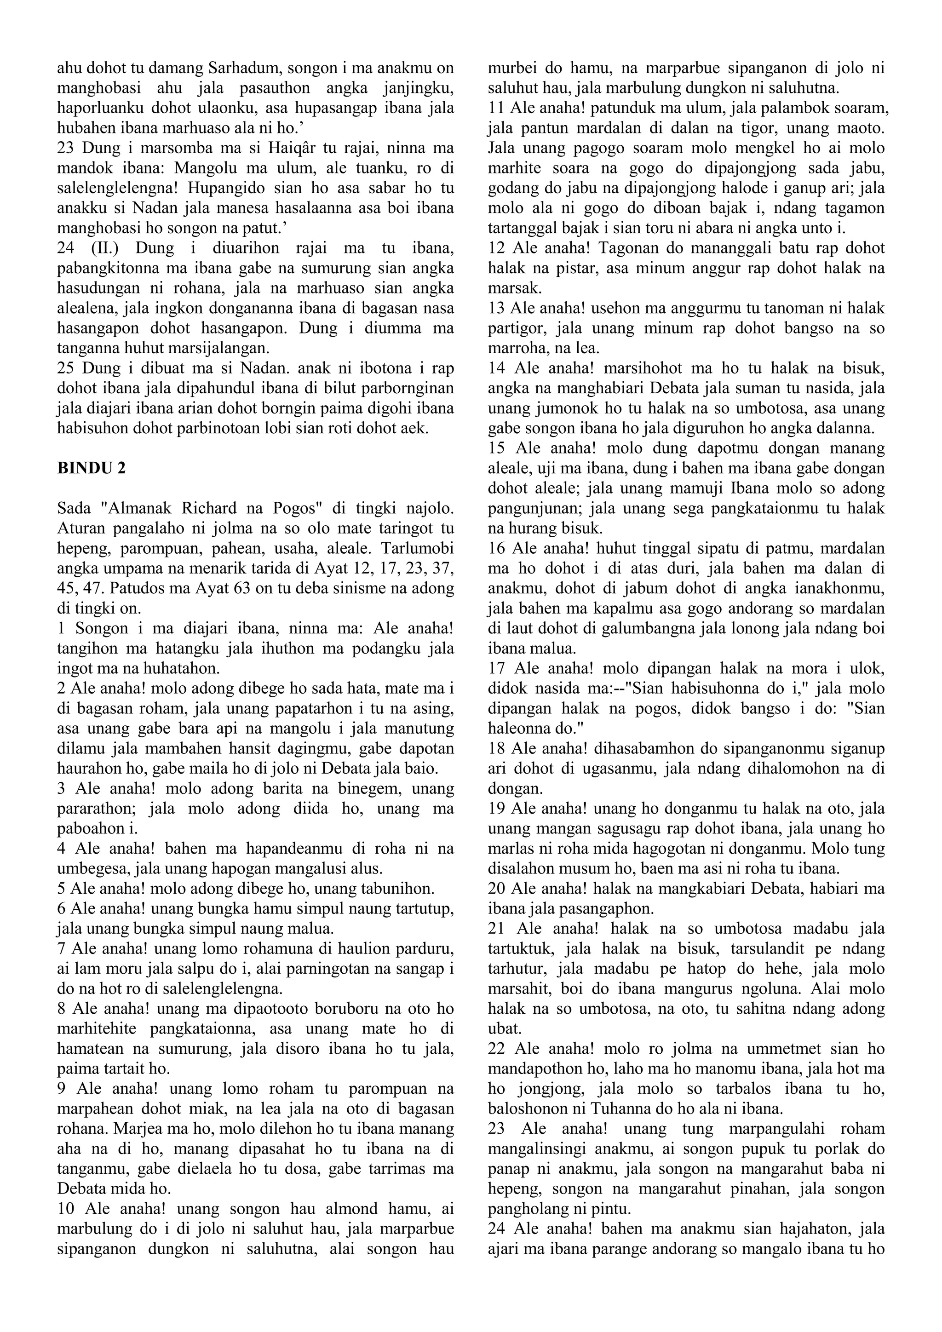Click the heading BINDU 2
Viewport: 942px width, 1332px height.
click(91, 469)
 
